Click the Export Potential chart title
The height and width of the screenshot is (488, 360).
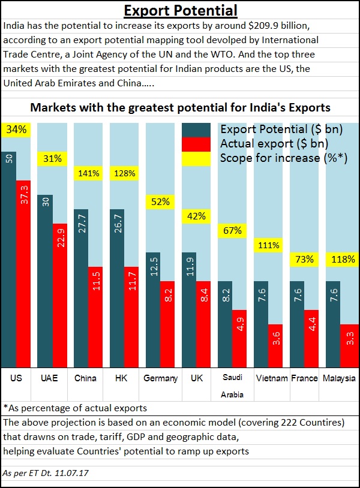click(180, 10)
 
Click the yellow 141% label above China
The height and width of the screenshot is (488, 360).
click(88, 173)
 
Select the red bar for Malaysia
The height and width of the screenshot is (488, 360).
click(349, 345)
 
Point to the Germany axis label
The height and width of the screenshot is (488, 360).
click(161, 378)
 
